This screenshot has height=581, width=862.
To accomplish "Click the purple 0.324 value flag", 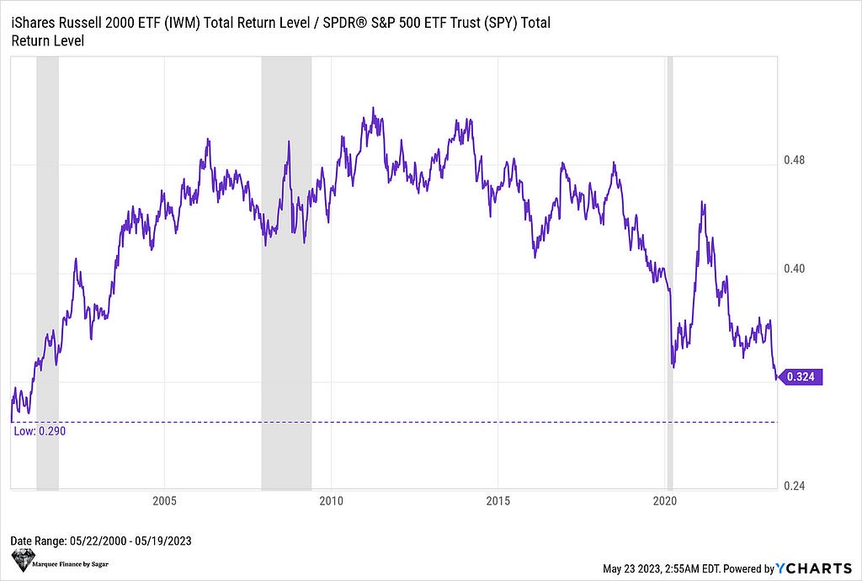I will [800, 376].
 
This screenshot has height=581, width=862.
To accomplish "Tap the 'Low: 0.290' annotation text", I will [40, 431].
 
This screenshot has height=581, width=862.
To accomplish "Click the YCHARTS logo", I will [816, 568].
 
